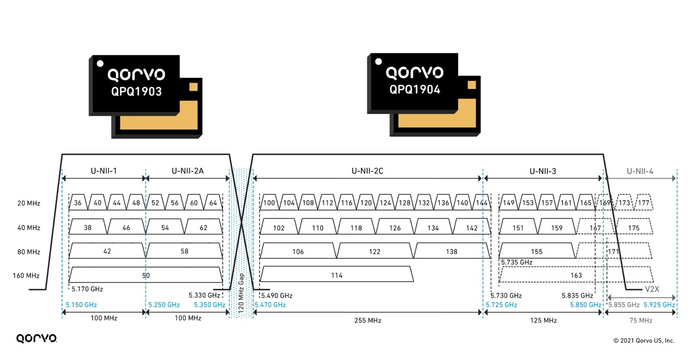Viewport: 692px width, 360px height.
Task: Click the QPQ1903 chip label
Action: coord(136,91)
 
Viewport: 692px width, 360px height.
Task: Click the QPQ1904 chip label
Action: coord(415,89)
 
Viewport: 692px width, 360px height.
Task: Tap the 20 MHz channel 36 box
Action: coord(78,203)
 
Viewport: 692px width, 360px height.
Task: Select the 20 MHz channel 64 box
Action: coord(213,203)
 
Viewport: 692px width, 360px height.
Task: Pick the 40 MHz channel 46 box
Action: coord(126,228)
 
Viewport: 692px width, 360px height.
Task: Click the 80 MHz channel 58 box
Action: coord(185,251)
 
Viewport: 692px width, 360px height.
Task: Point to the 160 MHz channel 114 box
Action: coord(336,275)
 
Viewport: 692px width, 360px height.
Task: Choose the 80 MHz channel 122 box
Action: coord(375,251)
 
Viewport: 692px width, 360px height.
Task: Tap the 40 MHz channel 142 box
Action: coord(472,228)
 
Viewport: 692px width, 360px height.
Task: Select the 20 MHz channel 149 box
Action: coord(509,203)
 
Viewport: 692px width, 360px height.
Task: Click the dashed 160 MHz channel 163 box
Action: coord(576,275)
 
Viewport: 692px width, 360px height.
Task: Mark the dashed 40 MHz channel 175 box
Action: coord(634,228)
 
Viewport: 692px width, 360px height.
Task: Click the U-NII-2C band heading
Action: coord(367,171)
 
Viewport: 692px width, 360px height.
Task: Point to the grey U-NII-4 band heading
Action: coord(640,171)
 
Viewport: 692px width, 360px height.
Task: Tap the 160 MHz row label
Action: coord(26,275)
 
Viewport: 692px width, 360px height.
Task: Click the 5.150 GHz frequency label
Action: coord(81,305)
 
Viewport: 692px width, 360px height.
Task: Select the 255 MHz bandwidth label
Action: coord(367,321)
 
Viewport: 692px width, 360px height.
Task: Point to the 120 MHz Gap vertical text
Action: coord(241,293)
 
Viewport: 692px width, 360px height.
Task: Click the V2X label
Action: coord(652,289)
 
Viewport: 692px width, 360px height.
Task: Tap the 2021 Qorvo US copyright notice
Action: coord(644,340)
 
